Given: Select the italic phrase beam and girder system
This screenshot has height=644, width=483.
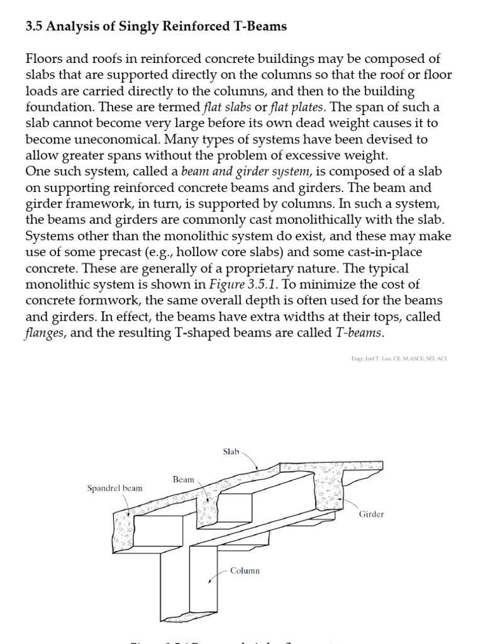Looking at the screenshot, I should pos(246,172).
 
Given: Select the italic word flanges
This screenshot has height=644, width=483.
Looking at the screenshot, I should pos(46,332).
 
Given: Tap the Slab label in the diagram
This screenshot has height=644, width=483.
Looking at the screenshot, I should pos(231,452).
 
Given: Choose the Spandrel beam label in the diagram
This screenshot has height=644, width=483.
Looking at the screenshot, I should pos(114,488).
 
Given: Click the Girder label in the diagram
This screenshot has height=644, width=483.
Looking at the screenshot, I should pos(371,514).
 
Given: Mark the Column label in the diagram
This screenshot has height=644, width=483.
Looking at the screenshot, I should pos(245,570).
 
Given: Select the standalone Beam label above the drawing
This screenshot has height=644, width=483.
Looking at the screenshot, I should pos(183,479).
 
